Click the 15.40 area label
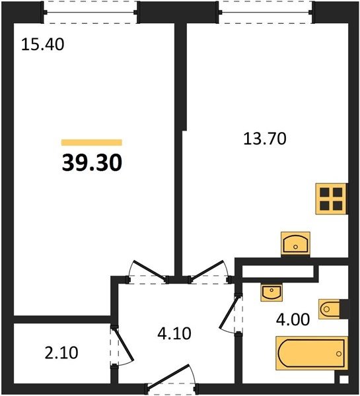(x=43, y=44)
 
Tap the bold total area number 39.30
(x=92, y=163)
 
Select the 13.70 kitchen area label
(x=265, y=139)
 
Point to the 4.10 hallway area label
(x=174, y=333)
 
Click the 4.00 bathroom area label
(x=293, y=319)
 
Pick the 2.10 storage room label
(x=61, y=353)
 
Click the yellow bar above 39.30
(x=92, y=143)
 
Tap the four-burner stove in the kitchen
(x=331, y=199)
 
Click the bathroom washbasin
(x=271, y=292)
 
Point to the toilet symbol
(x=329, y=309)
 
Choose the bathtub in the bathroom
(x=312, y=353)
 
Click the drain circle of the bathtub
(x=339, y=354)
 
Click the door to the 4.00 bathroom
(x=231, y=314)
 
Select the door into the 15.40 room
(x=147, y=272)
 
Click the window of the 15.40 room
(x=90, y=12)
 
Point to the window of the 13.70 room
(x=266, y=12)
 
